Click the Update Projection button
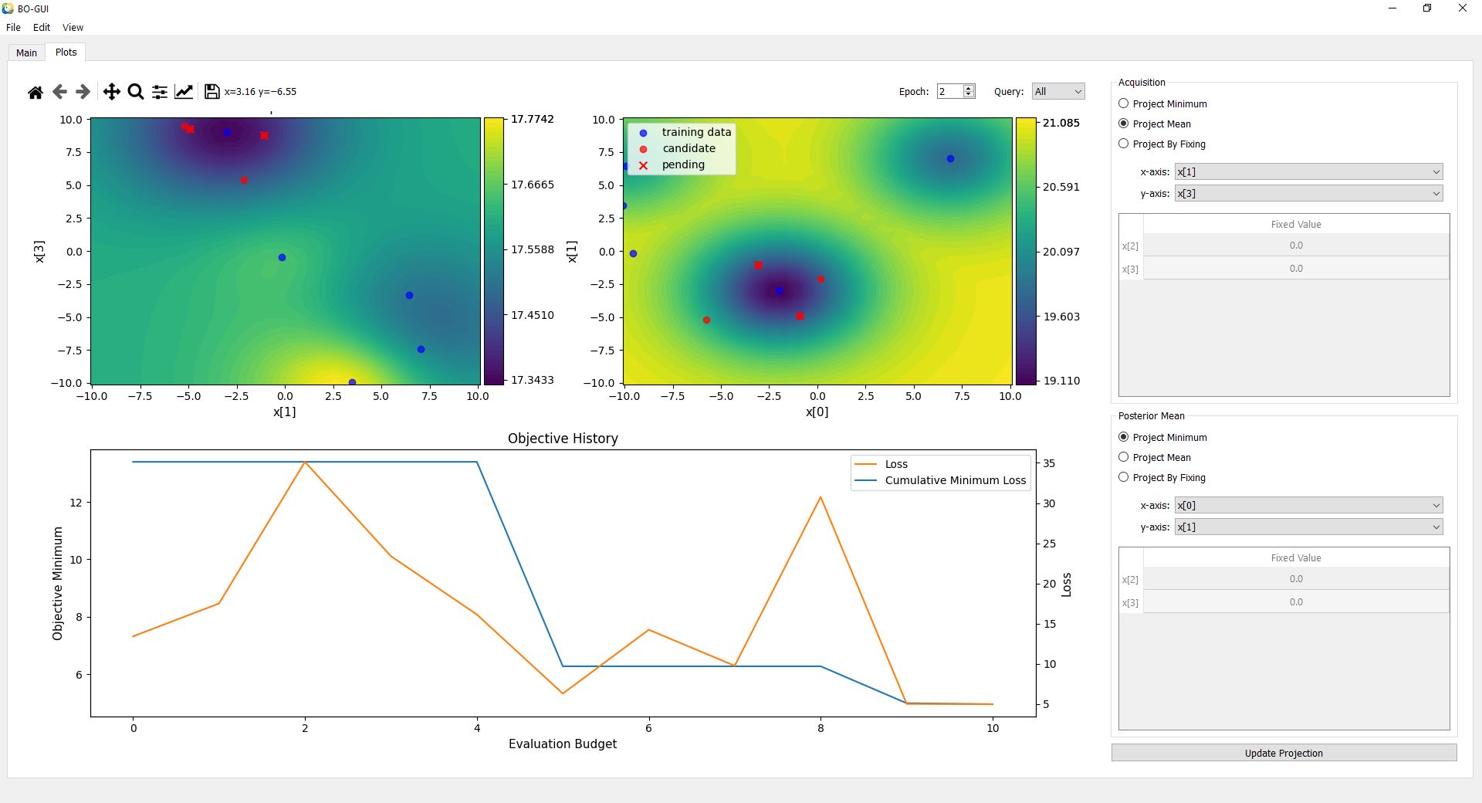(1283, 753)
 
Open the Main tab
(26, 53)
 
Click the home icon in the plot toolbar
(35, 92)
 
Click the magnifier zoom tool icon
(136, 92)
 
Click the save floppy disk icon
(211, 92)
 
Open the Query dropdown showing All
(1057, 91)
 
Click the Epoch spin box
(949, 91)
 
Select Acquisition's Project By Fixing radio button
(1124, 144)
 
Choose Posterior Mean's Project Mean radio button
(1124, 457)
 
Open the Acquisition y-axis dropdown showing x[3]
(1308, 193)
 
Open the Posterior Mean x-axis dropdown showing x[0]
(1308, 505)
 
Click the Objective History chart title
(563, 439)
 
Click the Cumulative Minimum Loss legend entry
(955, 480)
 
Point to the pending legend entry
(682, 164)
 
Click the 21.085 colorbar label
(1061, 123)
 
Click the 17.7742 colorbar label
(532, 119)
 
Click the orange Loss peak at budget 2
(305, 462)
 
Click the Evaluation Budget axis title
(562, 744)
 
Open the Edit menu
(42, 27)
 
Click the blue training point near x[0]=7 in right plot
(950, 158)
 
